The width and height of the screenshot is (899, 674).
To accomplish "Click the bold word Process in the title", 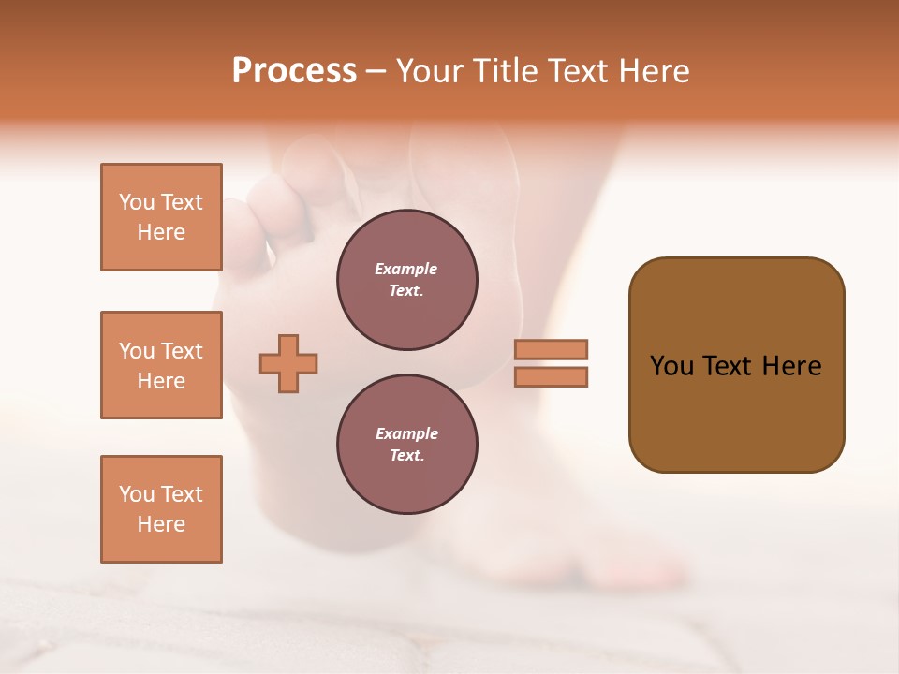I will [294, 71].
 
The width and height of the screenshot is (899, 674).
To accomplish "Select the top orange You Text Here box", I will [161, 217].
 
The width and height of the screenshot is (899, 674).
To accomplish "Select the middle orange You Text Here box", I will [161, 365].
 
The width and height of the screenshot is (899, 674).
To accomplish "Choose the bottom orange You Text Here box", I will [161, 509].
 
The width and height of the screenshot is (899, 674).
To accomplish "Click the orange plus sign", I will [288, 364].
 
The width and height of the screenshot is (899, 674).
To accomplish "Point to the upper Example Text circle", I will [406, 280].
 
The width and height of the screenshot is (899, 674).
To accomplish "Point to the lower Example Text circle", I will [406, 445].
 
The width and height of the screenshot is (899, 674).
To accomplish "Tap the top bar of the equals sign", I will [551, 349].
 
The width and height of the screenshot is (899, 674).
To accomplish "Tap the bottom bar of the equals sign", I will [551, 377].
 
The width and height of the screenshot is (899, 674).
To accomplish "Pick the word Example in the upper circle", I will [406, 269].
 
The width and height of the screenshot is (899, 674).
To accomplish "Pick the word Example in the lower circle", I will [406, 433].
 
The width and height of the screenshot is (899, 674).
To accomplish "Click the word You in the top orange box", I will [136, 202].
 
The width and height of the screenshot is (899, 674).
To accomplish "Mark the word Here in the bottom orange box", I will [161, 524].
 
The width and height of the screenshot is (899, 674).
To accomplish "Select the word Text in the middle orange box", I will [182, 351].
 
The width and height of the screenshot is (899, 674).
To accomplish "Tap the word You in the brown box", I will [671, 366].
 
